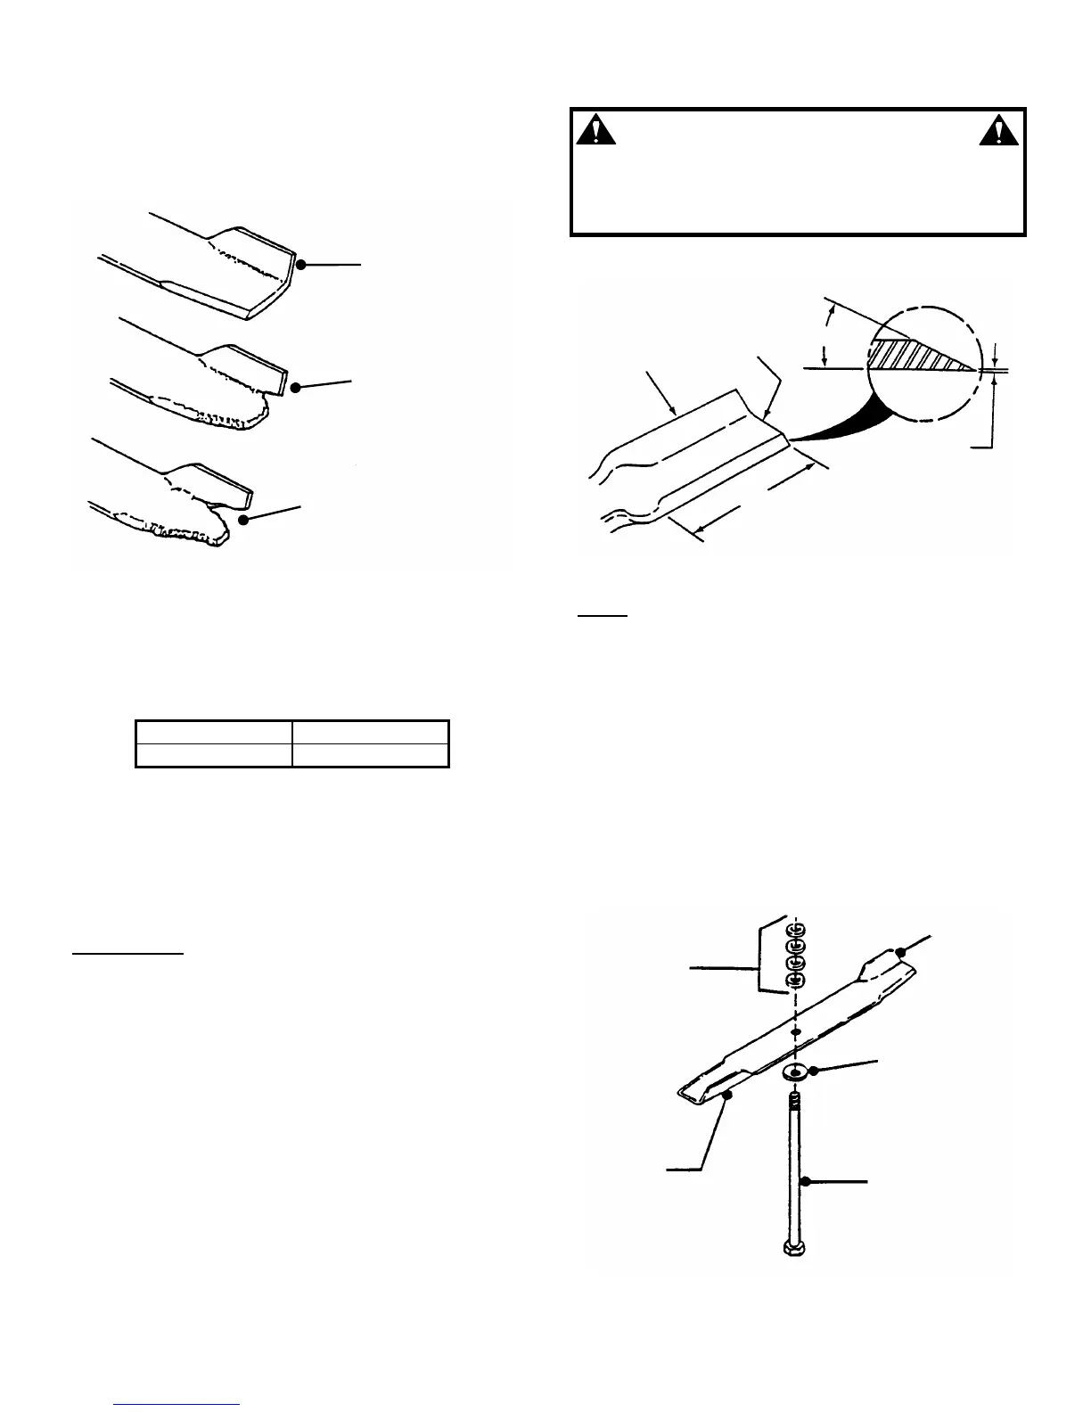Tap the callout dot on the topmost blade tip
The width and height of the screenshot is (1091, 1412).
(302, 265)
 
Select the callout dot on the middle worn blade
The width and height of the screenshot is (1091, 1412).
(296, 387)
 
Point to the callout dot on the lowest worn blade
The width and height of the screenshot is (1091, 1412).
(244, 519)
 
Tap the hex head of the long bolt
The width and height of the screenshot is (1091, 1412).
(792, 1246)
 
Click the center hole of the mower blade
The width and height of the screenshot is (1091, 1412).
(796, 1031)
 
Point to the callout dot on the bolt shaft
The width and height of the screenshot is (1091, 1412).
(805, 1181)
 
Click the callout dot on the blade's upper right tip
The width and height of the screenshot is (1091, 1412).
(900, 952)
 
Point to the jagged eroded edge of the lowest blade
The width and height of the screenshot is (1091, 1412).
(183, 533)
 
